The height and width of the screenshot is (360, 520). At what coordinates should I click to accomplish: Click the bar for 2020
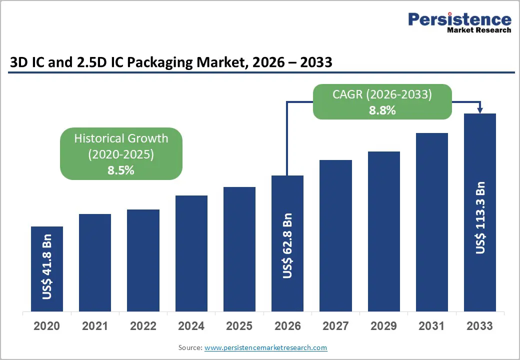click(x=47, y=269)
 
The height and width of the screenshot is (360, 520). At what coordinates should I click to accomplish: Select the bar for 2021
click(x=95, y=262)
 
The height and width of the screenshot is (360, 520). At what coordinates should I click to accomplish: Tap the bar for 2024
click(x=191, y=253)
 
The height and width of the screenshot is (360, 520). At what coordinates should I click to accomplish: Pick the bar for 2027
click(x=335, y=235)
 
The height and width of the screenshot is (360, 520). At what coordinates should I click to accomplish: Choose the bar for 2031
click(x=431, y=222)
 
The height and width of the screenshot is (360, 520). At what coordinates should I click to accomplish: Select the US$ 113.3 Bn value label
click(x=480, y=218)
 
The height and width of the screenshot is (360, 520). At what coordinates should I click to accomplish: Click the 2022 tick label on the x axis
click(x=143, y=326)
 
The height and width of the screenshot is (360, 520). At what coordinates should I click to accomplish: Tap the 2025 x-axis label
click(x=239, y=326)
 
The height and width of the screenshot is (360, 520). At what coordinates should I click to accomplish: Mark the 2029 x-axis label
click(x=383, y=326)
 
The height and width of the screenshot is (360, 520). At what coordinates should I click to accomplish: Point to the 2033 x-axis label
click(x=479, y=326)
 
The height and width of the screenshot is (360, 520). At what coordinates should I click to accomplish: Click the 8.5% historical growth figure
click(x=121, y=170)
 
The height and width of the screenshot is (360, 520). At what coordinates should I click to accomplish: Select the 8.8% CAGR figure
click(x=382, y=110)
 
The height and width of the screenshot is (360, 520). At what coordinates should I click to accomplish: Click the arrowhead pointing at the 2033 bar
click(x=480, y=110)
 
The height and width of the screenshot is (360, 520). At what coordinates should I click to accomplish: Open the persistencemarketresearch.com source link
click(x=265, y=347)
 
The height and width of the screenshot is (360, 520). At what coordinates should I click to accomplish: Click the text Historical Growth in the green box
click(x=121, y=138)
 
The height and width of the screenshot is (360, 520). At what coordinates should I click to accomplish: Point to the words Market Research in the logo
click(x=479, y=30)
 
